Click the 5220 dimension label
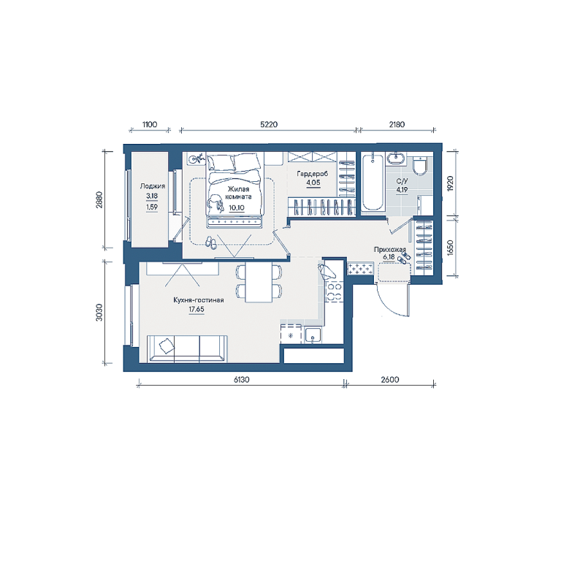(x=269, y=124)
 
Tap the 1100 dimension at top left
(x=150, y=124)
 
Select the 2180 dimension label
(x=397, y=124)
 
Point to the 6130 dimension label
(x=242, y=380)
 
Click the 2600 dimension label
(x=390, y=380)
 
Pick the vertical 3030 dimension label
(x=99, y=313)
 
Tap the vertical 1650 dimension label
(x=450, y=248)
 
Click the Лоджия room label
(x=153, y=186)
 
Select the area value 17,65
(x=196, y=309)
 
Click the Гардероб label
(x=313, y=175)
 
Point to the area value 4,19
(x=402, y=190)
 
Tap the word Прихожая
(x=390, y=250)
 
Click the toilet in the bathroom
(x=419, y=167)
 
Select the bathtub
(x=372, y=183)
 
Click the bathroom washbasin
(x=396, y=158)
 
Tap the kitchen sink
(x=313, y=335)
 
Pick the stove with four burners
(x=334, y=291)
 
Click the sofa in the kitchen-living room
(x=187, y=349)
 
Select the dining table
(x=259, y=283)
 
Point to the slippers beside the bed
(x=210, y=243)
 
